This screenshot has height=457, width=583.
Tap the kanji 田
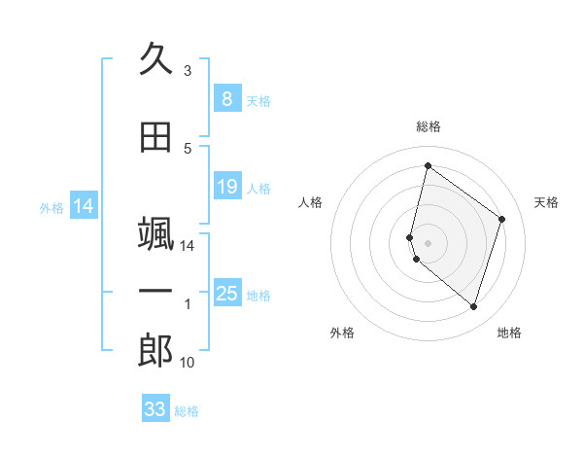tap(155, 138)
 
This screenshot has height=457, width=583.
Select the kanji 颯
tap(155, 236)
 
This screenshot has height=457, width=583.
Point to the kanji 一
tap(155, 292)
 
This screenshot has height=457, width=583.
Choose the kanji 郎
tap(155, 351)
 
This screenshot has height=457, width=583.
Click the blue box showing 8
tap(226, 98)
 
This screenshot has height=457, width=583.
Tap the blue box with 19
tap(226, 187)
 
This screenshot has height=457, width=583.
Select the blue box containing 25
tap(226, 293)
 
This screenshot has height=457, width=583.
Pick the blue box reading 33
tap(155, 409)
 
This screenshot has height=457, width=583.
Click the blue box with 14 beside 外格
tap(84, 205)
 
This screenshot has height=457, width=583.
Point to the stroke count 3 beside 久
tap(188, 71)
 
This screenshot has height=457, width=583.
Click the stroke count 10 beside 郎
tap(188, 363)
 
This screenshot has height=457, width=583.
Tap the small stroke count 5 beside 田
tap(188, 149)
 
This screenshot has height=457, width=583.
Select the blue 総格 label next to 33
tap(187, 411)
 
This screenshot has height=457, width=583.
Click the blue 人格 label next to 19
tap(258, 189)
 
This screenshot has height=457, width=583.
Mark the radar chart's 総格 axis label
tap(429, 126)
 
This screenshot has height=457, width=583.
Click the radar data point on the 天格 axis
tap(502, 219)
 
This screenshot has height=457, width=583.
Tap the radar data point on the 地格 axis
tap(473, 306)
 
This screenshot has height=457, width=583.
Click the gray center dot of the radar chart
tap(429, 242)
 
